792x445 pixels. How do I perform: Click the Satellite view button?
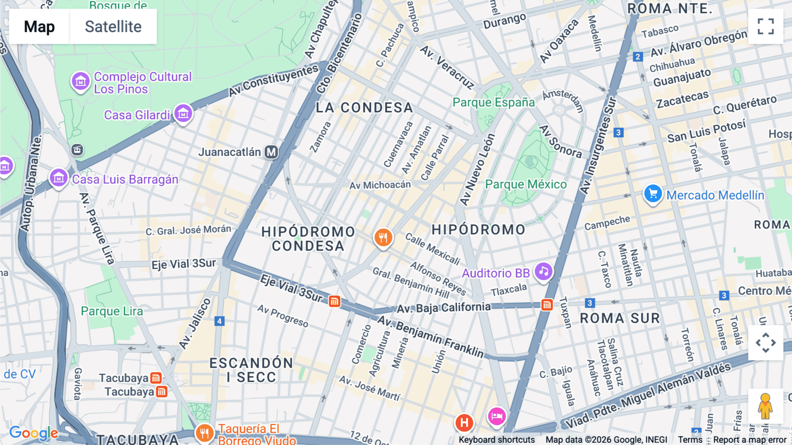(x=113, y=26)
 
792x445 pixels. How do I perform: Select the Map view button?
(x=40, y=26)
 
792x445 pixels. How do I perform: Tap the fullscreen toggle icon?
(x=766, y=26)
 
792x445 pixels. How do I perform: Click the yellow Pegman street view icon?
(x=765, y=406)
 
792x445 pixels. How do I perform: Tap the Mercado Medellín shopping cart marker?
(x=653, y=194)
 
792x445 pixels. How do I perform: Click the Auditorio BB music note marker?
(x=543, y=271)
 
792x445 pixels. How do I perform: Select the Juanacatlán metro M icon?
(x=271, y=152)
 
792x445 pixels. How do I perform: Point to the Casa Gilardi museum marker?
(x=183, y=114)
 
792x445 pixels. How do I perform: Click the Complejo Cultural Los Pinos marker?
(x=81, y=81)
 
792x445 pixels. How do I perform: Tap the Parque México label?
(x=526, y=184)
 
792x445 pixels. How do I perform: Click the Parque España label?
(x=494, y=102)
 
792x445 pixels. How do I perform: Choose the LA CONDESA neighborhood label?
(x=364, y=108)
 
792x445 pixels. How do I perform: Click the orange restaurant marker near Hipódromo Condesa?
(x=383, y=238)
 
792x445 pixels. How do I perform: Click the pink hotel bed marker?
(x=497, y=416)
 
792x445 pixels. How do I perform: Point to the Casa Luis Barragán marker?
(x=59, y=178)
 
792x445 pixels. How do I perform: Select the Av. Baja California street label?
(x=444, y=308)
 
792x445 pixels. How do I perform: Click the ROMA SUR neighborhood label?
(x=620, y=318)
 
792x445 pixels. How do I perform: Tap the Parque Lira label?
(x=112, y=311)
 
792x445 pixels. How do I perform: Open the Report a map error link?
(x=750, y=440)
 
